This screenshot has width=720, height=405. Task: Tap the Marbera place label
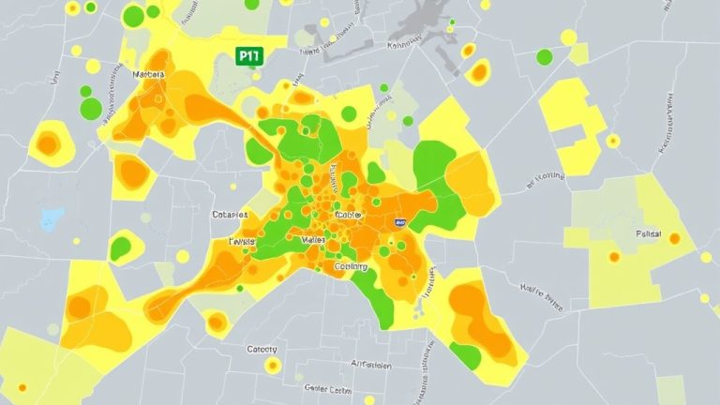[x=149, y=74]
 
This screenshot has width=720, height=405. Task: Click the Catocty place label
[x=262, y=349]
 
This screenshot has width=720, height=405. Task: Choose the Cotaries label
[x=230, y=215]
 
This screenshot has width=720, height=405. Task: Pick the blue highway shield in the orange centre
[x=400, y=223]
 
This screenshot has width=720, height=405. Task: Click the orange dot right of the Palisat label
[x=673, y=239]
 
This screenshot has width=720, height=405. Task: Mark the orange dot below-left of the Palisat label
[x=614, y=256]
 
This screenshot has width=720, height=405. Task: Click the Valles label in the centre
[x=313, y=241]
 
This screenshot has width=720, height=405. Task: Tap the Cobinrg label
[x=352, y=267]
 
